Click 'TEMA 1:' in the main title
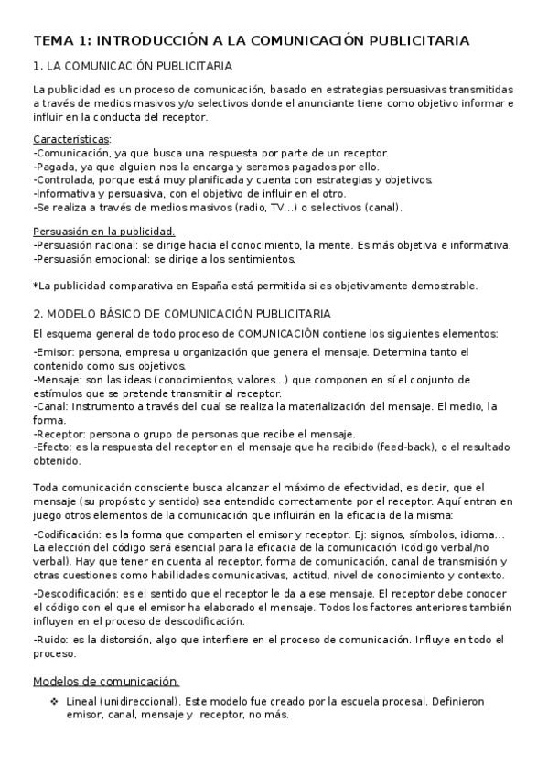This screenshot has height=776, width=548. [62, 41]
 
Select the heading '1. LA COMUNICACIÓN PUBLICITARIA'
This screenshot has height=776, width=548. [132, 67]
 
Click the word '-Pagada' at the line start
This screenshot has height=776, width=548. [53, 167]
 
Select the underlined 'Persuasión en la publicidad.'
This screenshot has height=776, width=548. [103, 232]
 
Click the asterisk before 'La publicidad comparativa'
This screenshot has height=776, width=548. [35, 286]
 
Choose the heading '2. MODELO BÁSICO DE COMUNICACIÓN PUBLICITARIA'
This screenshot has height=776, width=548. [181, 313]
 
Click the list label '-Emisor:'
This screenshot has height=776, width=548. [54, 352]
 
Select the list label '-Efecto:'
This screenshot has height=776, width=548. [53, 447]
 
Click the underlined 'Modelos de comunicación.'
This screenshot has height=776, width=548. [105, 681]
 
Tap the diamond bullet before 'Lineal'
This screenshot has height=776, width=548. [54, 702]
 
